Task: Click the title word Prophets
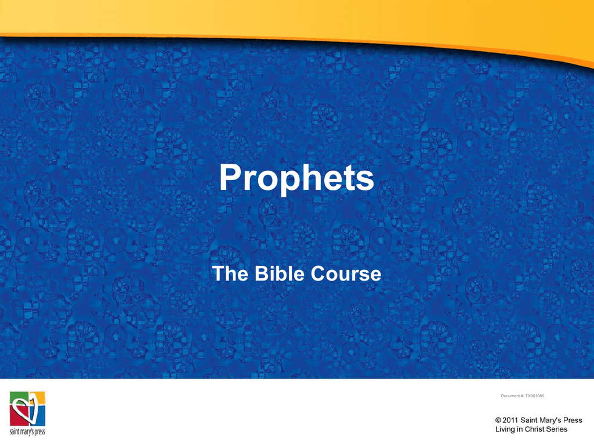click(x=296, y=178)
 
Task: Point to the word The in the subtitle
click(x=230, y=274)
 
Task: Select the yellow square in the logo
click(x=38, y=397)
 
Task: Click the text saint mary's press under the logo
click(x=27, y=431)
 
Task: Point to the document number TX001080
click(x=534, y=395)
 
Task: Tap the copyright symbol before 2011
click(x=498, y=420)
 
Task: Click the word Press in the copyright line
click(x=572, y=420)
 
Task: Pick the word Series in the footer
click(x=557, y=429)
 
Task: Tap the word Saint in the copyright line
click(x=528, y=420)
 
